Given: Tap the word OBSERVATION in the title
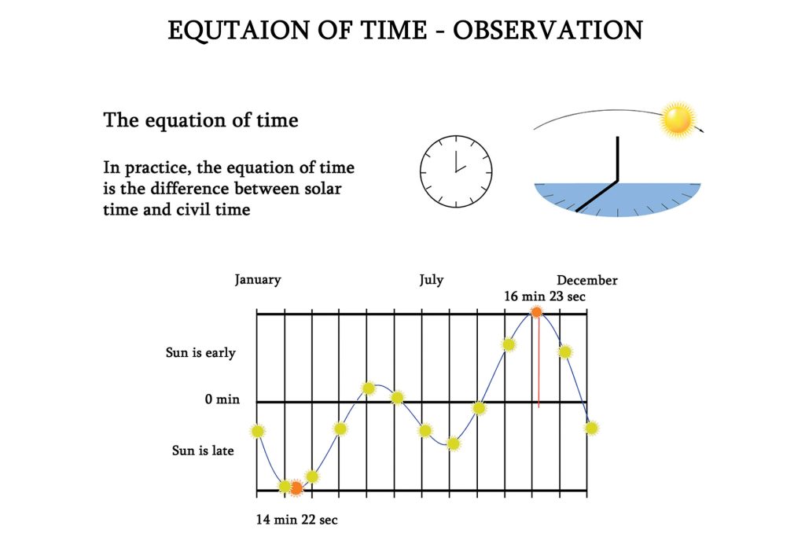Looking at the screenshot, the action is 548,31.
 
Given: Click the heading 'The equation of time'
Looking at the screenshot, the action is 200,120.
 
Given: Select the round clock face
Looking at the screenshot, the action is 456,171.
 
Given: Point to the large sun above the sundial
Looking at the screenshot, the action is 678,120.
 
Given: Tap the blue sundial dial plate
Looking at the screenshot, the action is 618,200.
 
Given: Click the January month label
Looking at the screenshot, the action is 258,281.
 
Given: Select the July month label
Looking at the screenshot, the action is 432,281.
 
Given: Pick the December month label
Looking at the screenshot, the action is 586,281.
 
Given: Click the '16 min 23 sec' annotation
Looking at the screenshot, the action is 545,296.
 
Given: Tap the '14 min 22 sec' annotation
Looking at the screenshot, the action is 296,520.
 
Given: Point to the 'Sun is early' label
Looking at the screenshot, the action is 200,353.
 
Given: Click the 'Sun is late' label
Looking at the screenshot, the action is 203,451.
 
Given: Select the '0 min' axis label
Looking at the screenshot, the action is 222,399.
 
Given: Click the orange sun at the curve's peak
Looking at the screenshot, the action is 536,311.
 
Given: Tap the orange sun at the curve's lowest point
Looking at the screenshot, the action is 296,487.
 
